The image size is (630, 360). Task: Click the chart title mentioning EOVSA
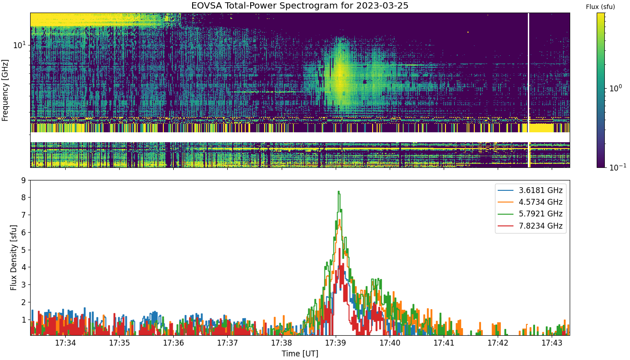tap(300, 5)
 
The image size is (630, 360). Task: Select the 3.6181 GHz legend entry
tap(530, 190)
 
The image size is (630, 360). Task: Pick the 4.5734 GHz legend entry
tap(530, 202)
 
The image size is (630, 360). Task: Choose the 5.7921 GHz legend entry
tap(530, 214)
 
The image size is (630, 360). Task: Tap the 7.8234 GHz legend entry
tap(530, 226)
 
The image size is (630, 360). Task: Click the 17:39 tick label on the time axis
tap(336, 343)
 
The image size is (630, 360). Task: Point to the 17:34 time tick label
tap(66, 343)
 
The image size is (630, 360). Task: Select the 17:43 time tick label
tap(552, 343)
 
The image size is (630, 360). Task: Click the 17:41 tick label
tap(444, 343)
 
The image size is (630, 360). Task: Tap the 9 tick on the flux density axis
tap(23, 180)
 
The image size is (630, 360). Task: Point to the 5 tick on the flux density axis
tap(23, 250)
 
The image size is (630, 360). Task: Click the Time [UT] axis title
tap(300, 354)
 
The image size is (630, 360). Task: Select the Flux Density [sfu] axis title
tap(13, 257)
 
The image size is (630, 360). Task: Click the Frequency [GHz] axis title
tap(5, 90)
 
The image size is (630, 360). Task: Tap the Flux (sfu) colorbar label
tap(600, 7)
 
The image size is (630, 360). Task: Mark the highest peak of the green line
tap(338, 192)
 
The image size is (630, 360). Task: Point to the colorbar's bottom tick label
tap(617, 167)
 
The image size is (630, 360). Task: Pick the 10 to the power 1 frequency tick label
tap(19, 45)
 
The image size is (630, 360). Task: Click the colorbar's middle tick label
tap(616, 88)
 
